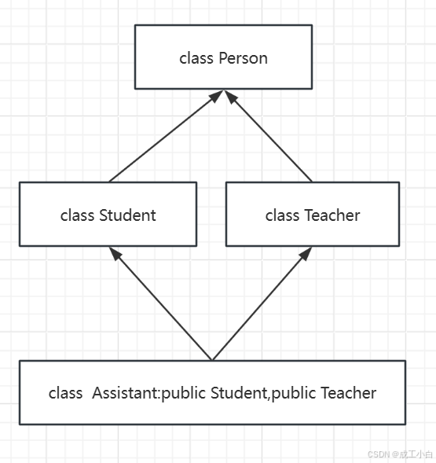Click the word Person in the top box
pyautogui.click(x=244, y=58)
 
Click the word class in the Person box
pyautogui.click(x=196, y=58)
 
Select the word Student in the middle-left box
pyautogui.click(x=127, y=215)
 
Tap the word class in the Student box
pyautogui.click(x=77, y=215)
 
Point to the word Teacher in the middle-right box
pyautogui.click(x=332, y=215)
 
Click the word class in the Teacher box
pyautogui.click(x=282, y=215)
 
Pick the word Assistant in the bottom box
pyautogui.click(x=126, y=393)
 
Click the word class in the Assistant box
pyautogui.click(x=65, y=393)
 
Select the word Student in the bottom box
pyautogui.click(x=239, y=393)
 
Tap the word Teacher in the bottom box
pyautogui.click(x=349, y=393)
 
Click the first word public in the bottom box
pyautogui.click(x=184, y=394)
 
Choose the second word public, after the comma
pyautogui.click(x=294, y=394)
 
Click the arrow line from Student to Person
pyautogui.click(x=166, y=136)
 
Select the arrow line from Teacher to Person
pyautogui.click(x=268, y=136)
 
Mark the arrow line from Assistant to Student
pyautogui.click(x=160, y=304)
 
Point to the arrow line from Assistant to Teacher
pyautogui.click(x=262, y=304)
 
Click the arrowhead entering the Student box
pyautogui.click(x=115, y=253)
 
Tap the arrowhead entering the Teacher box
pyautogui.click(x=306, y=253)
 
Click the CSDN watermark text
pyautogui.click(x=400, y=454)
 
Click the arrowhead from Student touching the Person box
pyautogui.click(x=216, y=96)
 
